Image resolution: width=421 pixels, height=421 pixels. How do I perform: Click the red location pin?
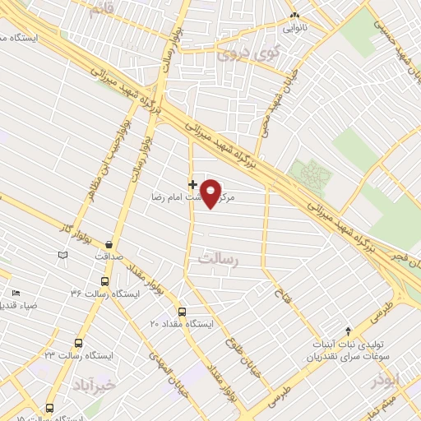pyautogui.click(x=211, y=193)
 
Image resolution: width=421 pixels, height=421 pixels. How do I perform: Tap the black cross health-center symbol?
pyautogui.click(x=193, y=184)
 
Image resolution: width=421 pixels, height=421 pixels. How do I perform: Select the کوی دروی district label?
pyautogui.click(x=249, y=53)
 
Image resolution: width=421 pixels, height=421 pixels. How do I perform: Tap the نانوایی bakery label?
pyautogui.click(x=295, y=27)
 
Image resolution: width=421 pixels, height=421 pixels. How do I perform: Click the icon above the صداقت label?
pyautogui.click(x=109, y=243)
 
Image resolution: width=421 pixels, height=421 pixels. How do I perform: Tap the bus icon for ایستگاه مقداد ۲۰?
pyautogui.click(x=182, y=312)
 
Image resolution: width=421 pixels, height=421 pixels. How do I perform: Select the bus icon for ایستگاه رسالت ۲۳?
pyautogui.click(x=78, y=343)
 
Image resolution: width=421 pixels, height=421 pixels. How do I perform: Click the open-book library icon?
pyautogui.click(x=62, y=256)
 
